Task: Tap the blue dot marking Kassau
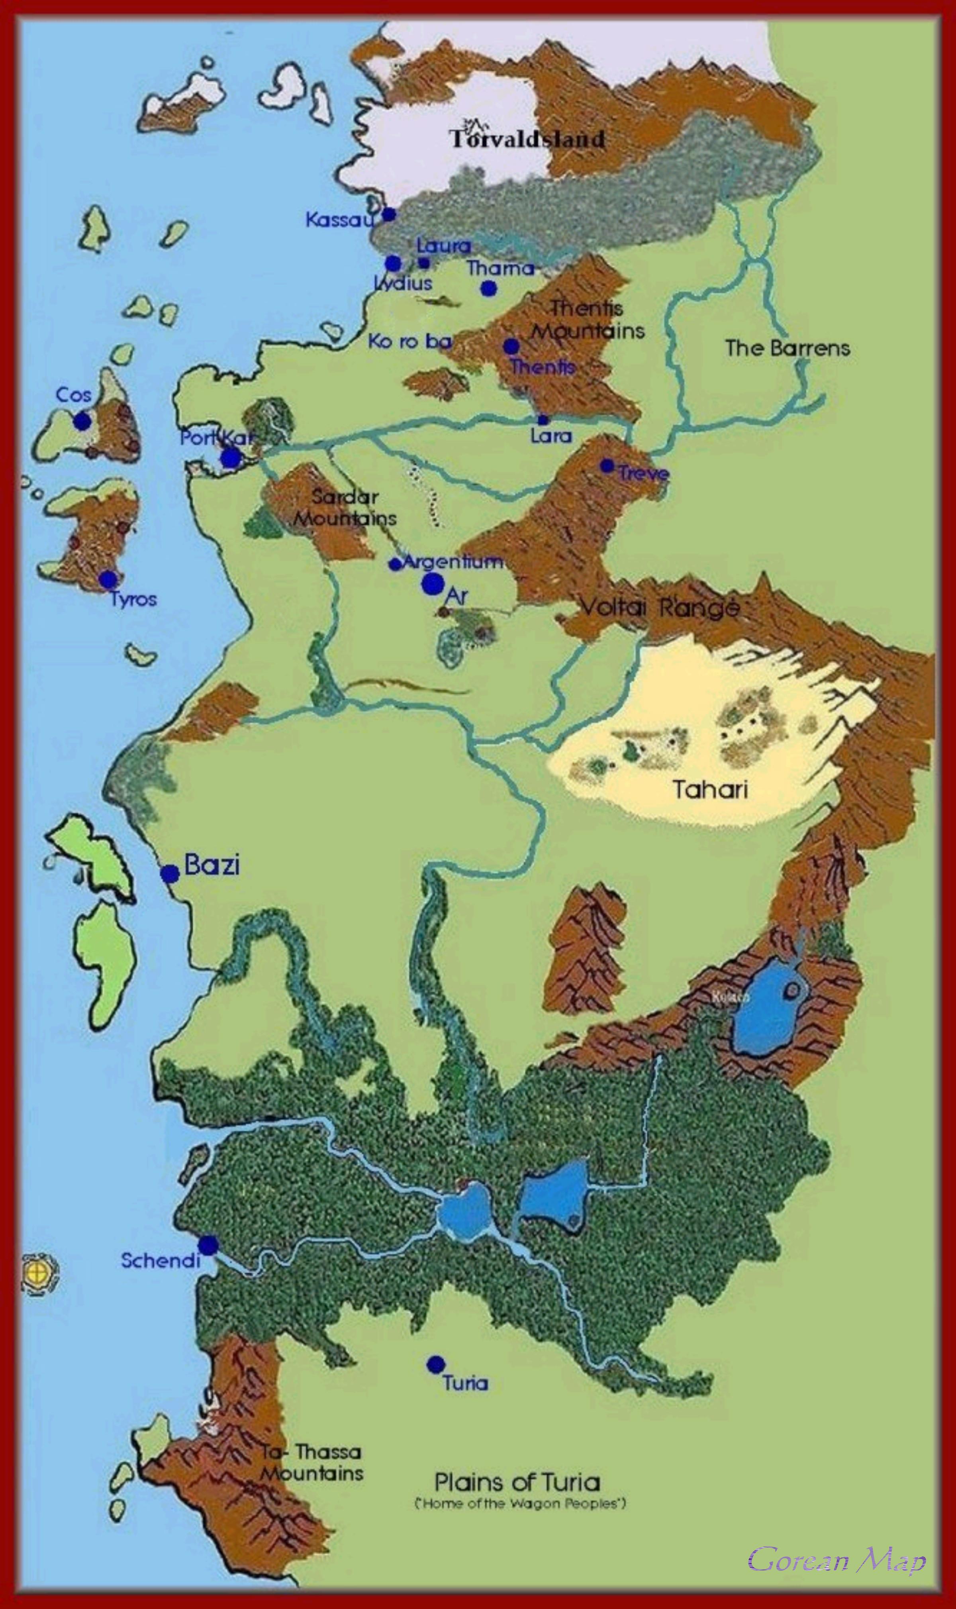[x=388, y=214]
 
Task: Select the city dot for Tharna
[x=489, y=288]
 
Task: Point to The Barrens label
[x=787, y=349]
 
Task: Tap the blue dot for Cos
[x=82, y=422]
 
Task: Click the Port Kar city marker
[x=231, y=458]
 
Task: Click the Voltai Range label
[x=659, y=607]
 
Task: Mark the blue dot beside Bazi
[x=169, y=874]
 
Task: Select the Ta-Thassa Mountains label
[x=312, y=1463]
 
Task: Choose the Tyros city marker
[x=108, y=579]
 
